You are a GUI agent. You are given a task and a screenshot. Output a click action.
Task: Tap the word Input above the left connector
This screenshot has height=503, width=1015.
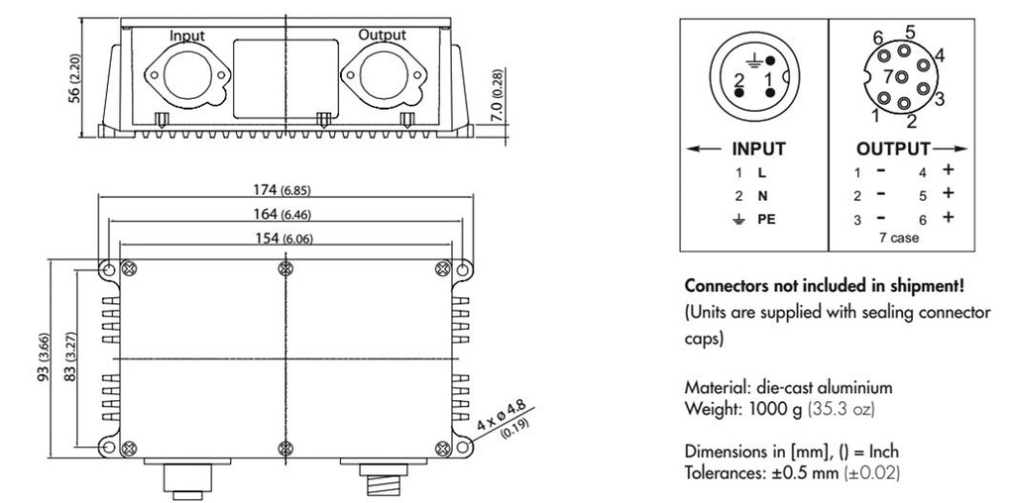(186, 36)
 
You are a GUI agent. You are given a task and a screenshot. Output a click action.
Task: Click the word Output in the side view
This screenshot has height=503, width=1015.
(382, 35)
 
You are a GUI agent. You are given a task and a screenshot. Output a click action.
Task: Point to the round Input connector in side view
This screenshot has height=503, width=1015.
(186, 76)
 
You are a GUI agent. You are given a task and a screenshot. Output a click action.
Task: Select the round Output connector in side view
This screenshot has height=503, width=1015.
(382, 76)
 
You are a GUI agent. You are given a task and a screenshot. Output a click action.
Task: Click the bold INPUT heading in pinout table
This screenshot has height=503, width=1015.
(758, 150)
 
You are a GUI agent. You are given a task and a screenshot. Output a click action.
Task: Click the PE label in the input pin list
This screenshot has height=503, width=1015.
(766, 219)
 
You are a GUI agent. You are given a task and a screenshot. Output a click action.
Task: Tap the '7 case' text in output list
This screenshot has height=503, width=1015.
(899, 238)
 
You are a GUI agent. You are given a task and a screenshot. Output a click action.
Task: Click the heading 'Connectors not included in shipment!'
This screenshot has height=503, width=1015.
(824, 285)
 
